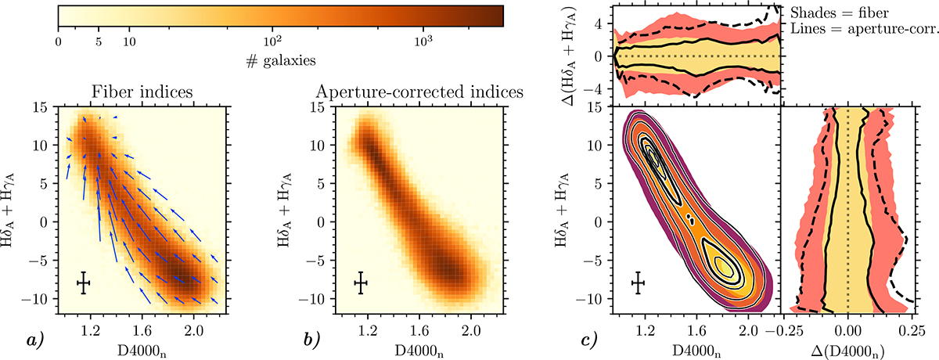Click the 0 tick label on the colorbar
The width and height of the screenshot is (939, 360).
pos(59,39)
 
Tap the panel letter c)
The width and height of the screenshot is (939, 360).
pos(588,339)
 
